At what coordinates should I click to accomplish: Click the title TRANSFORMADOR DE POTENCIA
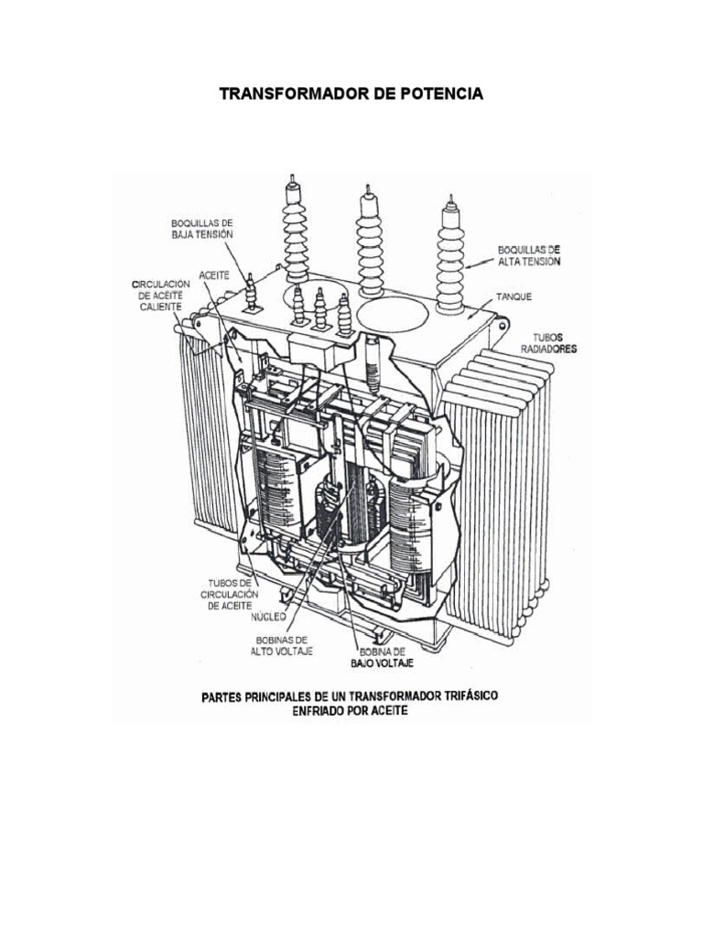coord(351,95)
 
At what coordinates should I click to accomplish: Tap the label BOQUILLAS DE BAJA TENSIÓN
coord(201,228)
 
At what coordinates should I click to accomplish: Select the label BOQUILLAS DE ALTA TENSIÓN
coord(528,254)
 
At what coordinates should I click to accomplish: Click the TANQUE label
coord(514,297)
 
